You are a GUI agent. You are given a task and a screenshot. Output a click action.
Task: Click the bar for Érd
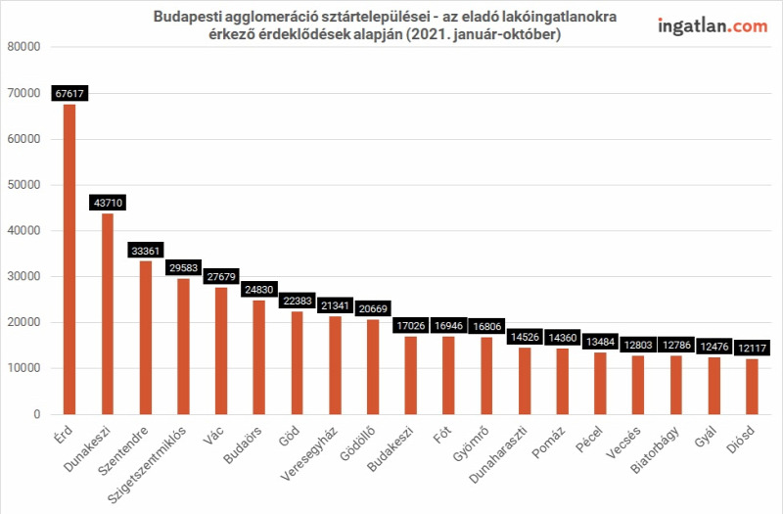(69, 259)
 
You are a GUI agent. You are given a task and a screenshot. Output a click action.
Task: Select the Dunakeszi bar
(108, 314)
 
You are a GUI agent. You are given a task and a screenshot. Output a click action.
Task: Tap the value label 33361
(145, 251)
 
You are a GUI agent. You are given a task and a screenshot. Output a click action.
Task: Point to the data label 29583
(183, 267)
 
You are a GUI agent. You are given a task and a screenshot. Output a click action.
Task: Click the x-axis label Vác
(213, 435)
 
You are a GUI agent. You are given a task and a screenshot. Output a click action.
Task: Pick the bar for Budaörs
(259, 357)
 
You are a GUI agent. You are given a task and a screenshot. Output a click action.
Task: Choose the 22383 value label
(298, 301)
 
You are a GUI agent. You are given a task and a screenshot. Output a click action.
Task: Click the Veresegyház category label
(309, 453)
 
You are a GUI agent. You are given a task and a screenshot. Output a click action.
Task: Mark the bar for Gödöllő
(373, 367)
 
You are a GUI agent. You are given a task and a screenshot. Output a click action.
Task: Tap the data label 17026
(411, 326)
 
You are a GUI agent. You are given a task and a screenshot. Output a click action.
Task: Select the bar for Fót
(449, 376)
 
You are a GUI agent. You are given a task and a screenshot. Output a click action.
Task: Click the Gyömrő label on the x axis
(471, 444)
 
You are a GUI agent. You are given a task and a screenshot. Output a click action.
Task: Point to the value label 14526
(525, 337)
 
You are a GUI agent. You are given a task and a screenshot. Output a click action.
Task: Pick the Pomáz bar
(563, 382)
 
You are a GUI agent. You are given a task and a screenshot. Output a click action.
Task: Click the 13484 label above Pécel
(600, 342)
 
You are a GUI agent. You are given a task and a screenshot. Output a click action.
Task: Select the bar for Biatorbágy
(676, 385)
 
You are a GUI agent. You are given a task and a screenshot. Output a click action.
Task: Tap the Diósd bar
(752, 387)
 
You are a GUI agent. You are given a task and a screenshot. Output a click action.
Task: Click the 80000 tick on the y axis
(23, 47)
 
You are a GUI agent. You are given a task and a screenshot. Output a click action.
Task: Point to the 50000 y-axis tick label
(23, 185)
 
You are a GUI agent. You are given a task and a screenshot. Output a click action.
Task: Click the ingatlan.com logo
(713, 26)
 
